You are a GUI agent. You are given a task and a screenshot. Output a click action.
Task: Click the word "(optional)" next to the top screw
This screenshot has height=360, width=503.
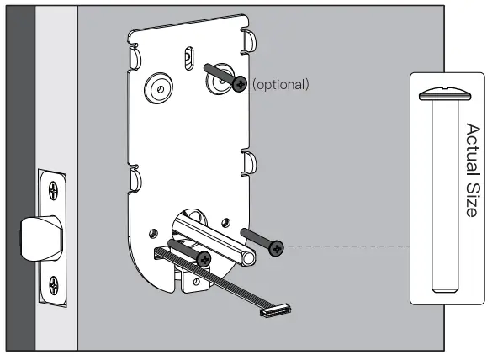pyautogui.click(x=281, y=84)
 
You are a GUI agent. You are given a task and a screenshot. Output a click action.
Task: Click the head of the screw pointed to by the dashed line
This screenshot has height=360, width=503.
pyautogui.click(x=277, y=246)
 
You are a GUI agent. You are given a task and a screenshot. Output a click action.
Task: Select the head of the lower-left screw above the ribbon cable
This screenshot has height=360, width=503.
pyautogui.click(x=204, y=259)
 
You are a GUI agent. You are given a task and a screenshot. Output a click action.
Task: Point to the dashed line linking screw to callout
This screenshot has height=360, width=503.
pyautogui.click(x=345, y=246)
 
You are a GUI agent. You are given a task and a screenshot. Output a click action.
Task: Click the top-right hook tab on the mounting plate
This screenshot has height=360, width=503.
pyautogui.click(x=249, y=40)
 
